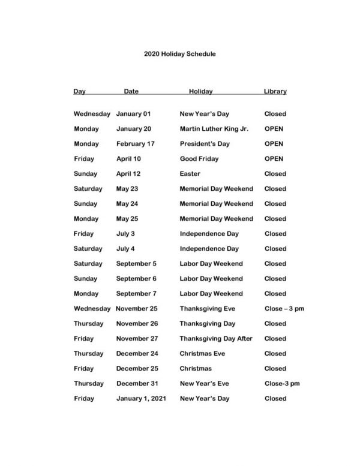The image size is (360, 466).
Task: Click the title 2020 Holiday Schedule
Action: [x=180, y=54]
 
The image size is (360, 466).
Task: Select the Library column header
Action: [x=275, y=92]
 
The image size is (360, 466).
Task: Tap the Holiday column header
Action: [x=201, y=92]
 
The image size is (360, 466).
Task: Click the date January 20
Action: [x=134, y=129]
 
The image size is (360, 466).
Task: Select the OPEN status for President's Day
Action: [x=274, y=144]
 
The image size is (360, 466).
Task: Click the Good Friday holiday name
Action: [x=199, y=159]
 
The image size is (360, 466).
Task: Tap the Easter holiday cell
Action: [x=190, y=174]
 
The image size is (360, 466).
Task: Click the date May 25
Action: [x=127, y=219]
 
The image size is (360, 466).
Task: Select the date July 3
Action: [x=125, y=234]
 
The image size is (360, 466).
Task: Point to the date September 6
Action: [x=137, y=279]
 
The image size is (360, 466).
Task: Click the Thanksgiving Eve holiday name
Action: [x=208, y=309]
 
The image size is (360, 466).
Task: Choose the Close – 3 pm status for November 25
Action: [x=284, y=309]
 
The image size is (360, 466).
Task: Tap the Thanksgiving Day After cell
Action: [x=216, y=339]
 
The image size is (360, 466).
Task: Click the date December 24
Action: [x=137, y=354]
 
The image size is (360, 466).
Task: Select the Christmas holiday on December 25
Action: [x=196, y=369]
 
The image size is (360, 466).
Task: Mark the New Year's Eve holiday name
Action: [x=204, y=384]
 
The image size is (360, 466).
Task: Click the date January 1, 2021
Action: [x=141, y=399]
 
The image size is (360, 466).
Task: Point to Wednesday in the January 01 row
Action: [x=92, y=114]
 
